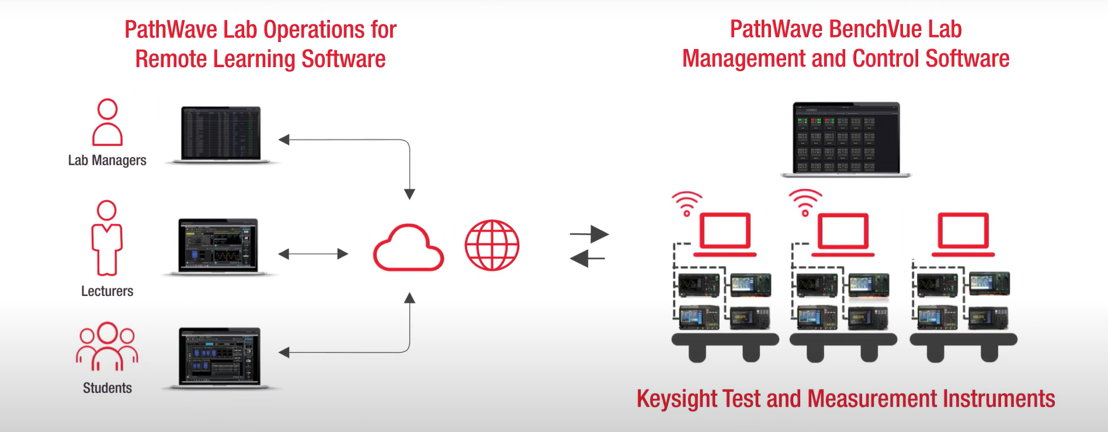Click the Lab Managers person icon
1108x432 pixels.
(x=107, y=123)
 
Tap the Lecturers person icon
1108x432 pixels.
(x=107, y=238)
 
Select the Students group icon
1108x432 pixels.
(x=107, y=347)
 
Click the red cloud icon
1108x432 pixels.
(x=408, y=248)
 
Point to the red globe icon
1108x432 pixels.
(x=492, y=245)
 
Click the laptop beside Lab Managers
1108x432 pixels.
(x=221, y=134)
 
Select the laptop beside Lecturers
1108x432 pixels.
(x=218, y=246)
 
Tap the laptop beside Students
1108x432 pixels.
(x=220, y=357)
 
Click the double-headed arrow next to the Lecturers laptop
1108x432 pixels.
(x=313, y=254)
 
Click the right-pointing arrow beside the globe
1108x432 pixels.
(x=590, y=234)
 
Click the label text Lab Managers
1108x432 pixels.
(x=107, y=161)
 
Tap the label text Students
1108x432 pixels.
(x=107, y=388)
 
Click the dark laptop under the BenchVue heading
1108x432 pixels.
(x=846, y=139)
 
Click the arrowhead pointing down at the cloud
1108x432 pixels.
(x=409, y=194)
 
